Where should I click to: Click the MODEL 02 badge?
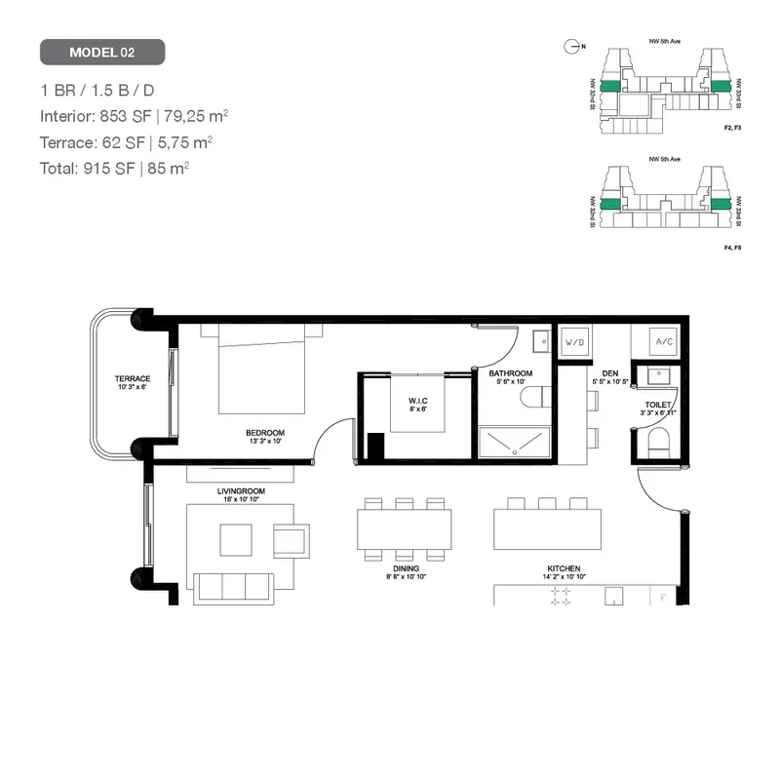102,52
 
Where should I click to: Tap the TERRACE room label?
132,378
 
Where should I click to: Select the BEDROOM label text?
265,432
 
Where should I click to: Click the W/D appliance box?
574,343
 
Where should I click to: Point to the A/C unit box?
664,342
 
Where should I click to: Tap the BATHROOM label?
511,373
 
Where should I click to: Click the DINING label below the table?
406,569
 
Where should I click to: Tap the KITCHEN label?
564,568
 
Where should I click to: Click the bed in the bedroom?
261,369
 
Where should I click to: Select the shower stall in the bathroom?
514,445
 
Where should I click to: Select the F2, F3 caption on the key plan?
732,129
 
